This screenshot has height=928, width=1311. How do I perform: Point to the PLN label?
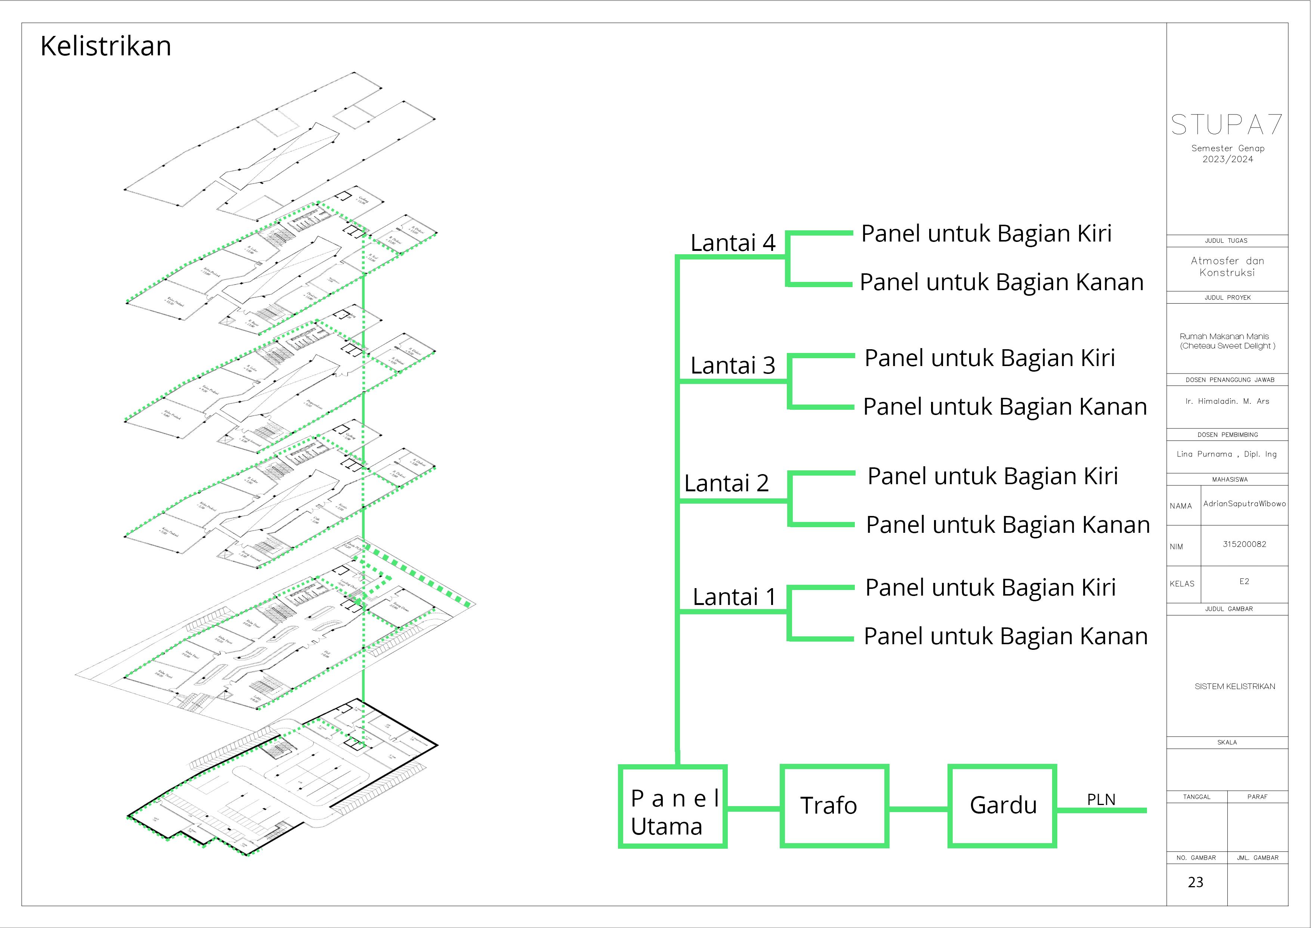[1101, 799]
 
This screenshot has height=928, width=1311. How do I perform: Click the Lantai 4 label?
[733, 243]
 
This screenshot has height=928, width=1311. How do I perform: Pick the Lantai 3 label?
[733, 365]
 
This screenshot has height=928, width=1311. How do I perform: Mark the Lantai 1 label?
[734, 597]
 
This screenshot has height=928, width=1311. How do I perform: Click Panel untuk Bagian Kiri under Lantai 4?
[986, 234]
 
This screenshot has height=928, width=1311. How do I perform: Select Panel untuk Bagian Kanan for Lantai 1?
[1005, 636]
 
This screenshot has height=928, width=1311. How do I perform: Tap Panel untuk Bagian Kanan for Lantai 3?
[1005, 407]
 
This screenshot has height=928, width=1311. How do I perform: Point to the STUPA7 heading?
[1227, 125]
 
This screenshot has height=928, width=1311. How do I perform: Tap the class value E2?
[1244, 581]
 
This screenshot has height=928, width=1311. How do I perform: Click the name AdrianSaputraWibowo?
[1244, 503]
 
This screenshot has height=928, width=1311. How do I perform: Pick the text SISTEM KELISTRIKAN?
[1234, 686]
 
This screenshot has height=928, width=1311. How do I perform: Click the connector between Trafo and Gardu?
[918, 809]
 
